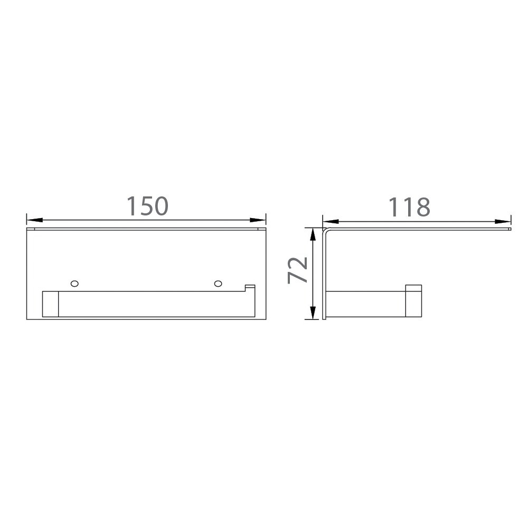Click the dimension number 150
147,206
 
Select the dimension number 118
409,207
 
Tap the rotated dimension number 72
298,270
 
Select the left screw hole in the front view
74,284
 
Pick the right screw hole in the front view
218,284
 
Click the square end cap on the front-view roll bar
50,304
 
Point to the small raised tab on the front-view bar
250,288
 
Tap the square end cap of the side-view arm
413,301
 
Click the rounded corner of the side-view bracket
327,231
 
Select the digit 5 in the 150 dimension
147,206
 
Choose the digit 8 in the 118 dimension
422,207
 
